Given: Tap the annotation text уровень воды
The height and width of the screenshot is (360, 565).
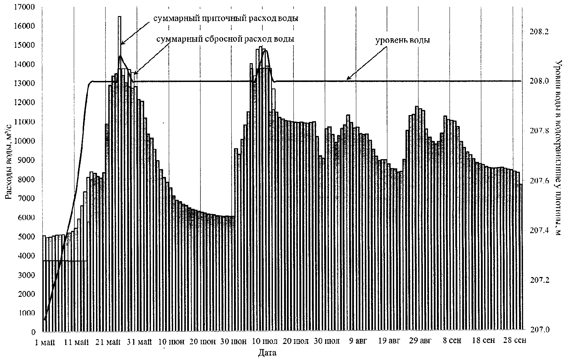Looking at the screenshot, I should (402, 40).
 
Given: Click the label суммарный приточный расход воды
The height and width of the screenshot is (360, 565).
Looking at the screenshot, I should (225, 18).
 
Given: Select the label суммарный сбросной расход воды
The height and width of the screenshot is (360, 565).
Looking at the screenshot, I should (225, 39).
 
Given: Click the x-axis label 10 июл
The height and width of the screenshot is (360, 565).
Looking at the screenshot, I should (265, 342).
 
